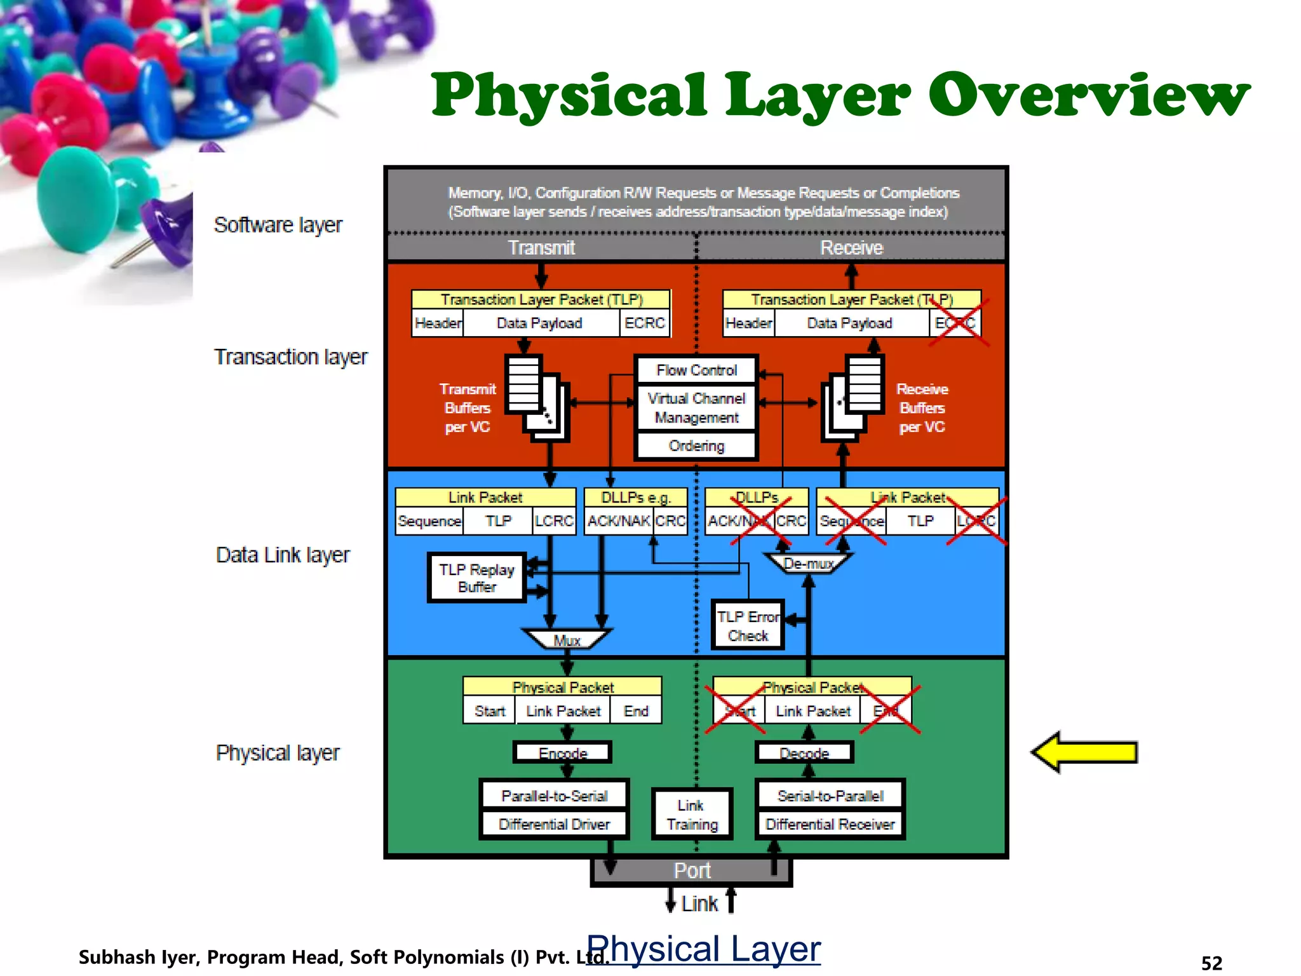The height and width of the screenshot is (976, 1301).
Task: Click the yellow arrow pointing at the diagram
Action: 1084,752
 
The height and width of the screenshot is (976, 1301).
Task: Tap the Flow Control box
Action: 696,370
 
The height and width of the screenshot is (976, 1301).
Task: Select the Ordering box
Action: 696,445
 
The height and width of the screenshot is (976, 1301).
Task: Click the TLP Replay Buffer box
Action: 476,578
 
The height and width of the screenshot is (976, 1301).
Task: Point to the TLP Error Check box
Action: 748,625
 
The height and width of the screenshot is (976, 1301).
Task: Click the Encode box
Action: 563,753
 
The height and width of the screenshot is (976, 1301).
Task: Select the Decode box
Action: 804,753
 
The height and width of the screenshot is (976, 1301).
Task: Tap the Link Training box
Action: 692,815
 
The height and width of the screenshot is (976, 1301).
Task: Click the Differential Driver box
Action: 554,824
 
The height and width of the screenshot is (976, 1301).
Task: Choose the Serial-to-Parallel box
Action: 830,796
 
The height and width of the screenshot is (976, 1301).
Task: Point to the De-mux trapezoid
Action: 808,563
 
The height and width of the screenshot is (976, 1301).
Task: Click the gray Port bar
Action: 692,871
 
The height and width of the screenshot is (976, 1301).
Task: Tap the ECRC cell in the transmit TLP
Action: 644,323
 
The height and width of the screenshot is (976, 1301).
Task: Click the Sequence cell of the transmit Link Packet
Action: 429,521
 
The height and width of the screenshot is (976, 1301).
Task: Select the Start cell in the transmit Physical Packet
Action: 489,710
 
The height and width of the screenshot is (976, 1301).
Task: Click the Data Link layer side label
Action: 283,555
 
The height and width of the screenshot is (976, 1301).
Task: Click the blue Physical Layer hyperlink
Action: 703,949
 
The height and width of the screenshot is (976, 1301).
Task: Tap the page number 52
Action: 1211,963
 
